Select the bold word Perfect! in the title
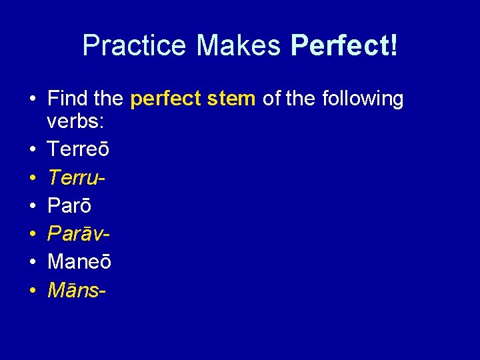click(345, 45)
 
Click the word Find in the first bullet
click(68, 99)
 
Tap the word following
click(363, 99)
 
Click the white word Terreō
click(79, 149)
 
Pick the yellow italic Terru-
click(77, 177)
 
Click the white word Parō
click(69, 205)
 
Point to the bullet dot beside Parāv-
click(32, 235)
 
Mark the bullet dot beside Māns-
click(32, 291)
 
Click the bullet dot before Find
click(32, 100)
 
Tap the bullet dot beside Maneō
click(32, 263)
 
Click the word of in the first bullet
click(271, 99)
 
